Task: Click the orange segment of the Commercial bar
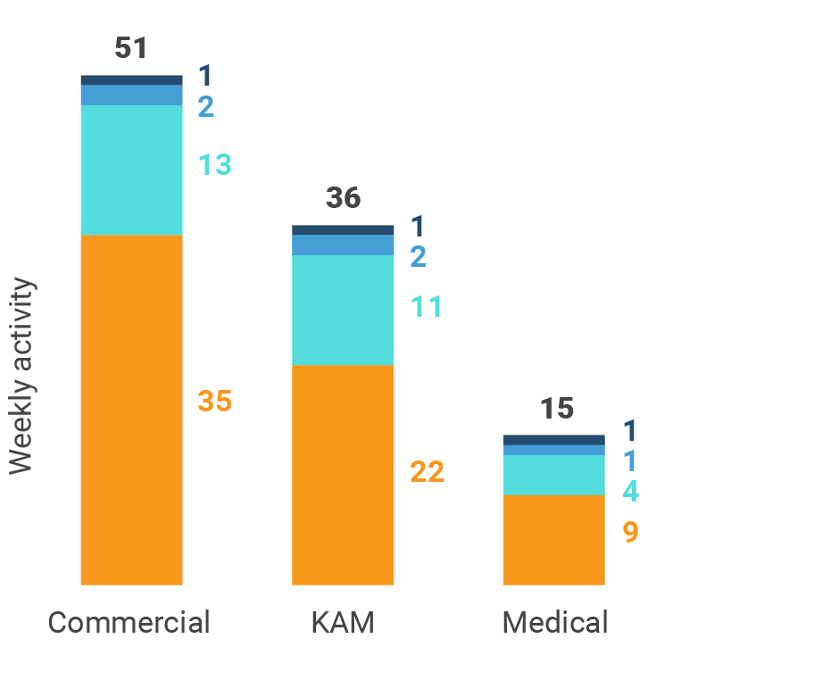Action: coord(131,410)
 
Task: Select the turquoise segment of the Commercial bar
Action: coord(131,170)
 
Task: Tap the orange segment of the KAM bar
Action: coord(343,475)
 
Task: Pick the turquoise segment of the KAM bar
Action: coord(343,310)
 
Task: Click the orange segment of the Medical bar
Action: coord(553,540)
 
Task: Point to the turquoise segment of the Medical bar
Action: coord(553,475)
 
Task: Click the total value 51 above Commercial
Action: coord(131,48)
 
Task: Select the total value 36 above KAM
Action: coord(343,198)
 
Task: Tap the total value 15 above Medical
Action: coord(556,409)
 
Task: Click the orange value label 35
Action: coord(214,402)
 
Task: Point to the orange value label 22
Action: coord(427,472)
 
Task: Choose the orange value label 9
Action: coord(630,533)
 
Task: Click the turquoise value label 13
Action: coord(214,165)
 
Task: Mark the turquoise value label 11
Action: coord(427,307)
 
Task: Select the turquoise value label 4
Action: coord(630,492)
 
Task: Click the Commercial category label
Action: coord(129,622)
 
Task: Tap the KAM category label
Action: coord(343,622)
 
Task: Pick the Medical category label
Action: coord(554,622)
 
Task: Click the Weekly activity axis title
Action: coord(21,377)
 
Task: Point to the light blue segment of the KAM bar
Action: coord(343,245)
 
